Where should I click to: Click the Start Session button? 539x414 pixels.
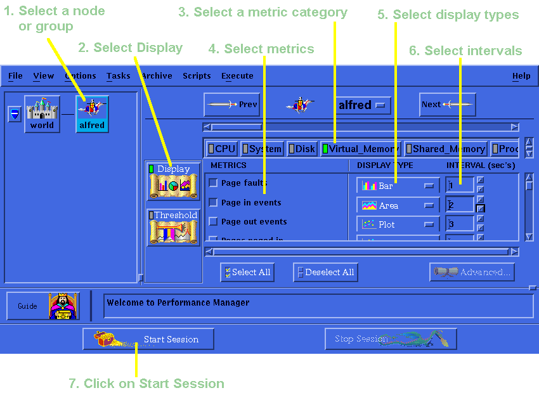click(148, 339)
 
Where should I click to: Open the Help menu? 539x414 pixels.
click(521, 76)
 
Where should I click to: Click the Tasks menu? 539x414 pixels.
click(118, 76)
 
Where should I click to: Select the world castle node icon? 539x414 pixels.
click(42, 113)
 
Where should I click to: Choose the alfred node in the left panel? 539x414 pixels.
click(92, 113)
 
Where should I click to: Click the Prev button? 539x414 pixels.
click(231, 105)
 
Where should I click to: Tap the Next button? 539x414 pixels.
click(447, 105)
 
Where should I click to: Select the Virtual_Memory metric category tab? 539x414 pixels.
click(360, 149)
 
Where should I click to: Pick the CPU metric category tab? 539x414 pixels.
click(222, 149)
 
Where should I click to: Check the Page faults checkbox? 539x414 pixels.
click(213, 183)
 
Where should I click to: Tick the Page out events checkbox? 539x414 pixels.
click(213, 222)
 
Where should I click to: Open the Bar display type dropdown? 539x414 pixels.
click(398, 186)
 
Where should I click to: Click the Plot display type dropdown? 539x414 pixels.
click(398, 224)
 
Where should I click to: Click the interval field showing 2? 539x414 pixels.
click(459, 205)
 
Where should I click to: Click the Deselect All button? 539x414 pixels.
click(325, 273)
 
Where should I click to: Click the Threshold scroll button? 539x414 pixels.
click(172, 228)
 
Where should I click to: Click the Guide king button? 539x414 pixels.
click(43, 306)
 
